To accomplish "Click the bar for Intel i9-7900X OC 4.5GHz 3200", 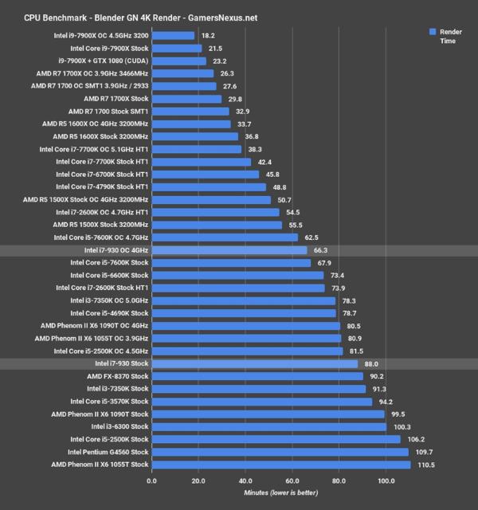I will (172, 35).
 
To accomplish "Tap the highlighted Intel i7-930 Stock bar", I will (254, 363).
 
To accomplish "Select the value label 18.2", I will (207, 35).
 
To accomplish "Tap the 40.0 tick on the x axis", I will (245, 481).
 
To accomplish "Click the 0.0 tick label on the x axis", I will (151, 481).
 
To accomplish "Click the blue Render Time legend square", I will (433, 32).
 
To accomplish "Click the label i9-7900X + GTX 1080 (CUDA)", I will (103, 61).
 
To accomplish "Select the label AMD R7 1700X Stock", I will (116, 99).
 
